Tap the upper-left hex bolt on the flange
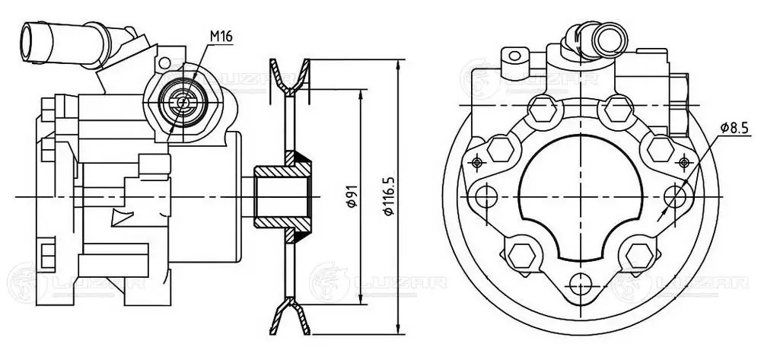(x=545, y=110)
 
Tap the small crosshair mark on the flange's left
(x=476, y=162)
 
